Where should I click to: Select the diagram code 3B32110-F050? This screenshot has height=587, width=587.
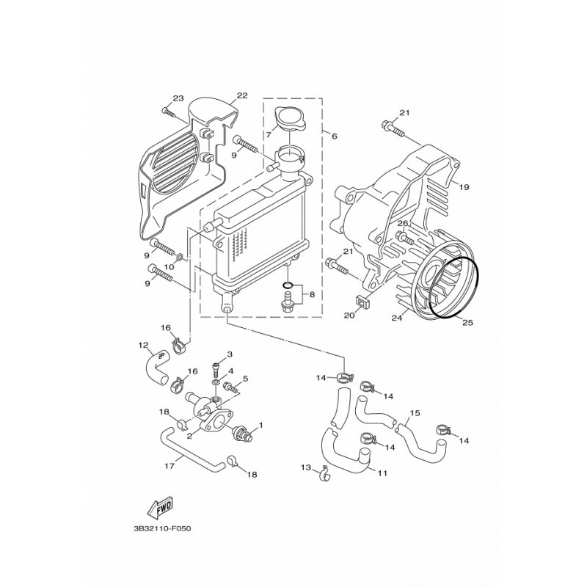pyautogui.click(x=162, y=529)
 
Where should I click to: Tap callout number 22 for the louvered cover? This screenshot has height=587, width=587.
pyautogui.click(x=242, y=95)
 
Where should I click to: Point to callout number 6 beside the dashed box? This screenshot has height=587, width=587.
pyautogui.click(x=334, y=136)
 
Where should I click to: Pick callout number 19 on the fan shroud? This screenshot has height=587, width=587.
pyautogui.click(x=464, y=187)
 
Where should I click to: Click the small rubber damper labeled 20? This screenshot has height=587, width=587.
pyautogui.click(x=362, y=302)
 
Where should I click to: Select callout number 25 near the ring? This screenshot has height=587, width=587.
pyautogui.click(x=467, y=322)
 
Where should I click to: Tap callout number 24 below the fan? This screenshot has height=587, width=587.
pyautogui.click(x=397, y=318)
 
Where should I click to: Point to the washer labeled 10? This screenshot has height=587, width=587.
pyautogui.click(x=180, y=258)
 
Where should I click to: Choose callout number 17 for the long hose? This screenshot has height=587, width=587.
pyautogui.click(x=169, y=467)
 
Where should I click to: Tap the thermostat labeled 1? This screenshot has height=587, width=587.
pyautogui.click(x=243, y=434)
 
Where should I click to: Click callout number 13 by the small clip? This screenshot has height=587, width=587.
pyautogui.click(x=306, y=467)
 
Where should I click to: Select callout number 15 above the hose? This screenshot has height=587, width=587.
pyautogui.click(x=415, y=413)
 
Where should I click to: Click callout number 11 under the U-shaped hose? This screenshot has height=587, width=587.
pyautogui.click(x=382, y=473)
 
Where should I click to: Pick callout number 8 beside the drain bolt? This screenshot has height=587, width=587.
pyautogui.click(x=312, y=294)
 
